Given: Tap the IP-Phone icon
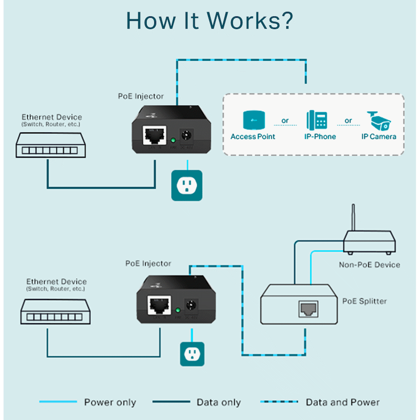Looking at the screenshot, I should click(x=317, y=120).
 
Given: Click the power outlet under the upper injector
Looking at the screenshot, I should click(x=187, y=185).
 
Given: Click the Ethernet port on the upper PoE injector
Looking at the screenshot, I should click(x=152, y=134).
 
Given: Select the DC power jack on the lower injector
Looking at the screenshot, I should click(x=191, y=306).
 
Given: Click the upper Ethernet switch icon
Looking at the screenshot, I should click(x=48, y=144).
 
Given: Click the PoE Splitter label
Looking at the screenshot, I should click(x=364, y=301).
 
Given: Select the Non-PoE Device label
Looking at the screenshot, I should click(x=369, y=265).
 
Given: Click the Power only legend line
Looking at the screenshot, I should click(x=58, y=402).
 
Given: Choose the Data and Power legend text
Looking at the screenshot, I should click(x=342, y=402).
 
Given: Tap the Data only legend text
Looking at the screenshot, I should click(x=218, y=402).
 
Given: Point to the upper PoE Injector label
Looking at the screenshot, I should click(x=140, y=96).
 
